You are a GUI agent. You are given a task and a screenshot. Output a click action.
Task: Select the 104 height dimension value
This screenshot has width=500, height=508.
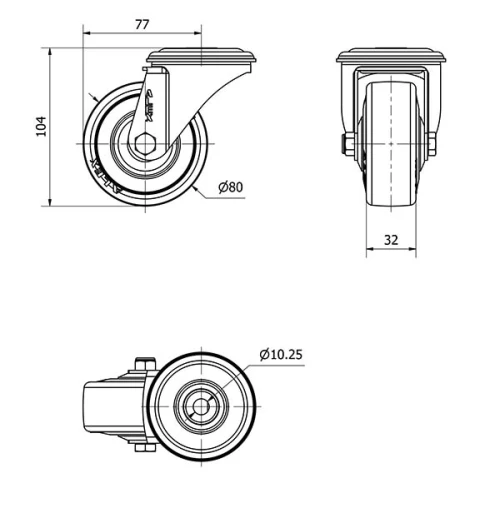click(41, 126)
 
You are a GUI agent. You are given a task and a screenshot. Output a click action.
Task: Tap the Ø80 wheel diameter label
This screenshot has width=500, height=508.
click(231, 186)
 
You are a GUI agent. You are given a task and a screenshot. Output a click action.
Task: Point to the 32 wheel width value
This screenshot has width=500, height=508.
click(390, 240)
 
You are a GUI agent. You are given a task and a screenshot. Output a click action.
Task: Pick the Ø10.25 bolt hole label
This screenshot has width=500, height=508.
click(281, 354)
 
